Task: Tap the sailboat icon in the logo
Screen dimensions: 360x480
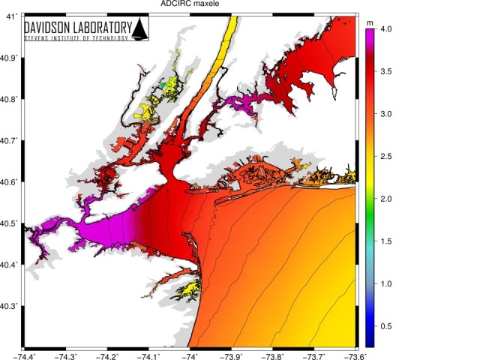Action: pyautogui.click(x=139, y=30)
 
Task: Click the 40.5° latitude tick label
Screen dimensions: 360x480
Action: pyautogui.click(x=9, y=223)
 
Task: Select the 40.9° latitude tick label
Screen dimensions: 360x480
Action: pyautogui.click(x=9, y=57)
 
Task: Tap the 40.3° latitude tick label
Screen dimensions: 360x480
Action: pyautogui.click(x=9, y=307)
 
